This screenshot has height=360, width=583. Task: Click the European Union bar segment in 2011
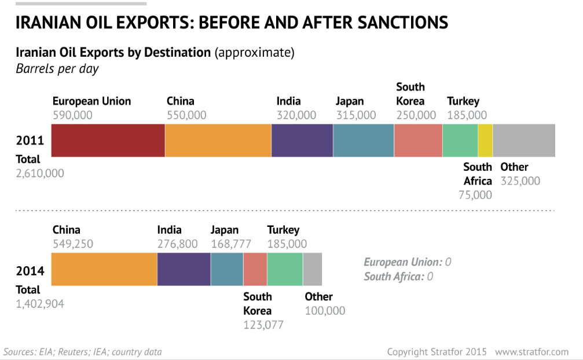[108, 140]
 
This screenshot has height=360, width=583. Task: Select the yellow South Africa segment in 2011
[485, 140]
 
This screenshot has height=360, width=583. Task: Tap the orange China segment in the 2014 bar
[104, 269]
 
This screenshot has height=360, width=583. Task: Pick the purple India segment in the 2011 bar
[302, 140]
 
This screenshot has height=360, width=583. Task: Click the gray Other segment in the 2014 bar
[312, 269]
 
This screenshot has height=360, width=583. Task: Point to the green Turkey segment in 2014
[285, 269]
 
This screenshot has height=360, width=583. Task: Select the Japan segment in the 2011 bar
[364, 140]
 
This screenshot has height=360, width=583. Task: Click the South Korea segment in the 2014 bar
[255, 269]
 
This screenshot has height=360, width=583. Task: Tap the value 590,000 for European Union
[72, 115]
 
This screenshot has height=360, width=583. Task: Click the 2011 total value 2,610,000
[40, 173]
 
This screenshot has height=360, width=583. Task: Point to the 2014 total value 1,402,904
[40, 304]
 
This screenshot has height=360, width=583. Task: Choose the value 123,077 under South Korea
[263, 325]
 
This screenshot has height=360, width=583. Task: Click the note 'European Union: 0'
[407, 262]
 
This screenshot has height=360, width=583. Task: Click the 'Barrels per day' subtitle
[57, 69]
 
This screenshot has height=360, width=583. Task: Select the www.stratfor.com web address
[531, 351]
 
